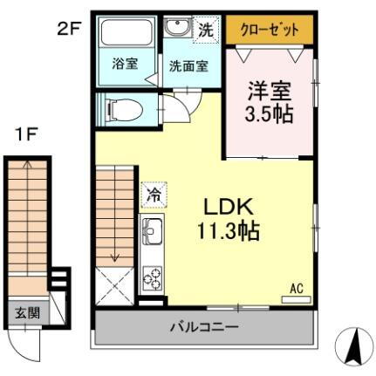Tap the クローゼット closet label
click(x=269, y=30)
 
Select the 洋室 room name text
click(x=269, y=90)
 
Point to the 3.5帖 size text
click(x=269, y=114)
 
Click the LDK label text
click(x=228, y=208)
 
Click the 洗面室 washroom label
click(x=188, y=65)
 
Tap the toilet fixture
click(x=118, y=111)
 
